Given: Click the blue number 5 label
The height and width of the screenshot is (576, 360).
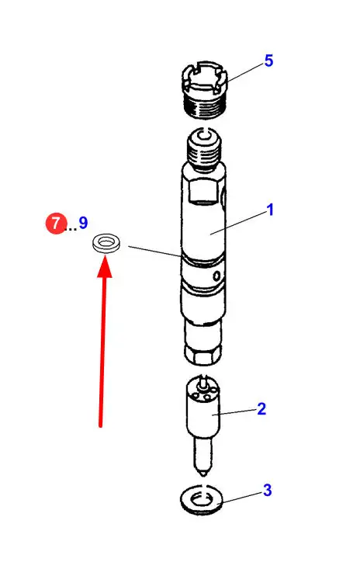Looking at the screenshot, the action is (x=268, y=61).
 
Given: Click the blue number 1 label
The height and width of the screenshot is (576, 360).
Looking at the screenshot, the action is (x=270, y=210).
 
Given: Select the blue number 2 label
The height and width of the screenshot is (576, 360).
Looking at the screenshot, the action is (x=261, y=409).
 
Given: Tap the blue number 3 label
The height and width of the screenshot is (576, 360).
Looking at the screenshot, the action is (x=268, y=490).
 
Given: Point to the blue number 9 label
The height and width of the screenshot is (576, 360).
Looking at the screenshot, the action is (x=83, y=223).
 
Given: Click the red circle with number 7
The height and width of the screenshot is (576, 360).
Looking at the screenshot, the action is (x=55, y=223).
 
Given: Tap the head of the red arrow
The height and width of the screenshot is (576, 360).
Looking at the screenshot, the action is (x=105, y=267).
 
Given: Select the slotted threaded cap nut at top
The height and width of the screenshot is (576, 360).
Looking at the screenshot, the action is (x=205, y=90).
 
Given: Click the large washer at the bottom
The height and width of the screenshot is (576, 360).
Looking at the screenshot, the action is (x=202, y=500).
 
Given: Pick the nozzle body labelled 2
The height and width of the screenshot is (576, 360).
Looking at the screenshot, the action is (x=203, y=422).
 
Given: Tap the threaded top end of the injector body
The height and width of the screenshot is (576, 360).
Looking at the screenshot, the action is (x=204, y=150).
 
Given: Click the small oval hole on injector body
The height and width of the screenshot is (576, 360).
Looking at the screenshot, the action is (x=216, y=275).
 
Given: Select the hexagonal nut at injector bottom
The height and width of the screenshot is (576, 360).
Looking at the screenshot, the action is (x=203, y=356).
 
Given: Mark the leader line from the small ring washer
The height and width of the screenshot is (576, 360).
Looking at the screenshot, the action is (x=155, y=252).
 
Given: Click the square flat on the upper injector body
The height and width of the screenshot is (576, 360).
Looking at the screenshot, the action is (x=202, y=193).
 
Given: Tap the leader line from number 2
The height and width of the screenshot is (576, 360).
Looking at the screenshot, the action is (x=236, y=411).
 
